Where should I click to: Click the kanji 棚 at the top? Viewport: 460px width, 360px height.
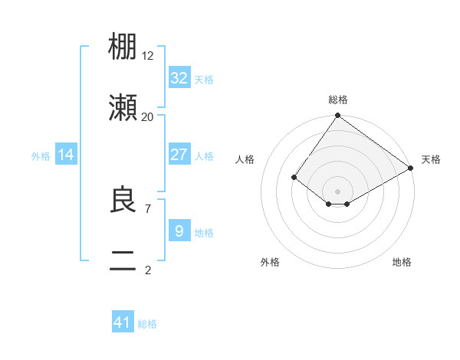tap(123, 47)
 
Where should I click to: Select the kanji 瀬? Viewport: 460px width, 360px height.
tap(123, 108)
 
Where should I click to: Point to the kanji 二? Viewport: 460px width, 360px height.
tap(123, 260)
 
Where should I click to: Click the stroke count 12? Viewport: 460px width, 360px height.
tap(148, 55)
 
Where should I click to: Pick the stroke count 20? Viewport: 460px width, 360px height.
tap(147, 116)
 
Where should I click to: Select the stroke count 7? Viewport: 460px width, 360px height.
tap(147, 208)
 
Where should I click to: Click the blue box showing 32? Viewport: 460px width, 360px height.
tap(179, 78)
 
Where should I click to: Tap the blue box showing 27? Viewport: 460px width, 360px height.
tap(179, 155)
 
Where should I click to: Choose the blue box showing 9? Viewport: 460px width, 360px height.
tap(179, 231)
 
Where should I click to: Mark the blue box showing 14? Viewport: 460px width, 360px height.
tap(66, 155)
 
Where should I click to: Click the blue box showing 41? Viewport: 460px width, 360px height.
tap(123, 322)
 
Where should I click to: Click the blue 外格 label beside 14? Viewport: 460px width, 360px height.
tap(41, 155)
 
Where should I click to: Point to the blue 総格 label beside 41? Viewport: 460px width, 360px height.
tap(147, 324)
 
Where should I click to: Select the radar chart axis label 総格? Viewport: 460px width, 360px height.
tap(337, 100)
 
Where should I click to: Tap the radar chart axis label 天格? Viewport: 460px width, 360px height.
tap(431, 159)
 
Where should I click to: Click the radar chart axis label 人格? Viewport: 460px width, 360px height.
tap(245, 159)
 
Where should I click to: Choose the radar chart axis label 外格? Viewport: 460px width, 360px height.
tap(270, 262)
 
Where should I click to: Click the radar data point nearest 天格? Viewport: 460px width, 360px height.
tap(411, 169)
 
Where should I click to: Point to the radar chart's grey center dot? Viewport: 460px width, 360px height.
tap(337, 191)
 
